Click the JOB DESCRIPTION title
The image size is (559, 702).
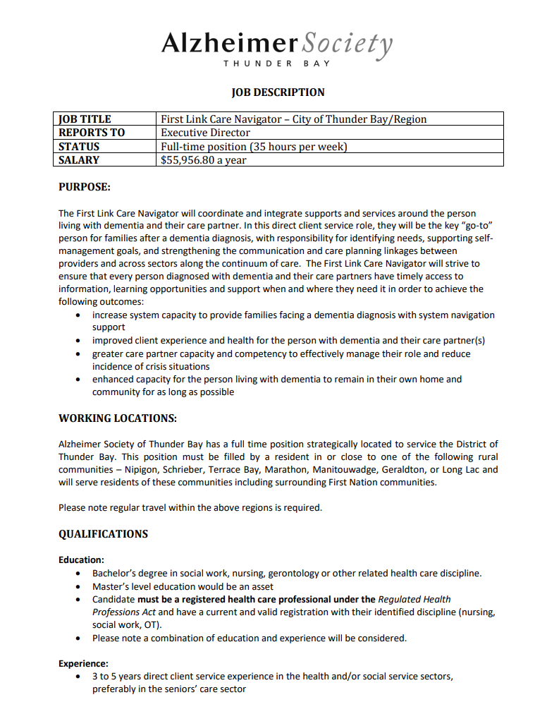(278, 92)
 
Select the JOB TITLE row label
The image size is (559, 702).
(85, 119)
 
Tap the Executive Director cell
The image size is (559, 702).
(205, 133)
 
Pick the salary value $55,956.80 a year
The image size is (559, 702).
(204, 160)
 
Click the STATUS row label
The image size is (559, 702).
(79, 147)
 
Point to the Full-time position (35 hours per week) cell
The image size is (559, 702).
(254, 147)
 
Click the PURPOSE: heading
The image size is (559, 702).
(85, 187)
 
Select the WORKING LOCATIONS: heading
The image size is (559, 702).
(117, 418)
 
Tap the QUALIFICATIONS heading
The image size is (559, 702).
(103, 534)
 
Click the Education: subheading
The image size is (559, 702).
(81, 560)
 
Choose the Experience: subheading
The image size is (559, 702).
(83, 664)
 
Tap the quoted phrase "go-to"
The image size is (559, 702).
(476, 226)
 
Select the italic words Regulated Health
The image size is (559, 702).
(414, 600)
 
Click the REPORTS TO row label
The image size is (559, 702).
(92, 133)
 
